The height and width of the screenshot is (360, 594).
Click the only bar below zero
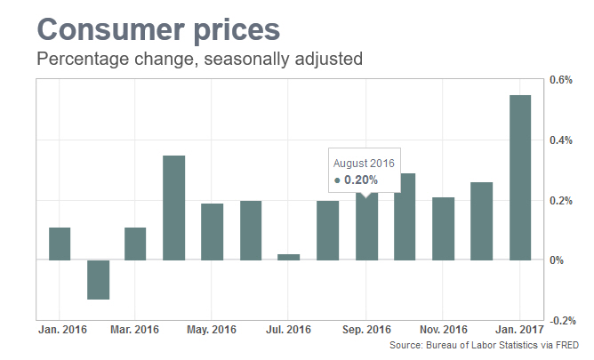click(98, 279)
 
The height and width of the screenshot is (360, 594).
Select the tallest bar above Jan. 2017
click(519, 177)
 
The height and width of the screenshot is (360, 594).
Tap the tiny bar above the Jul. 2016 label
click(288, 257)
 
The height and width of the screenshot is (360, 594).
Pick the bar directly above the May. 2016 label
click(212, 231)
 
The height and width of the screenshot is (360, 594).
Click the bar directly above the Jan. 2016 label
click(59, 244)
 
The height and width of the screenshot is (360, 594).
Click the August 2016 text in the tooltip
click(363, 163)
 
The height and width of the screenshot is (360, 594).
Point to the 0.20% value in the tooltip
click(360, 180)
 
